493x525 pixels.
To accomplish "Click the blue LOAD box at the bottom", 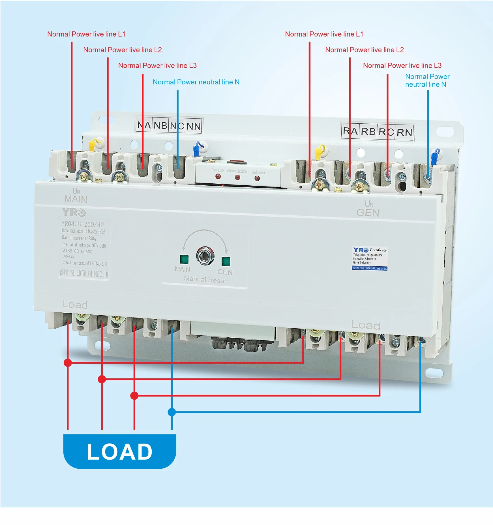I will tap(119, 451).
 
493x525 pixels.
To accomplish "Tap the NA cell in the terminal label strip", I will tap(144, 125).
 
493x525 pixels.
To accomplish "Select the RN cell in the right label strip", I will tap(404, 132).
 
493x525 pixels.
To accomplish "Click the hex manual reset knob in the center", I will tap(205, 256).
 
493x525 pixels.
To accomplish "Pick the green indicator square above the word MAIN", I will tap(184, 259).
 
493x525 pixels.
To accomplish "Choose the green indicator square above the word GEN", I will tap(226, 261).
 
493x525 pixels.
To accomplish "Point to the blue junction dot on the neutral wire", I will tap(172, 412).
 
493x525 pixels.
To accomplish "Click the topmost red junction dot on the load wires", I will tap(68, 363).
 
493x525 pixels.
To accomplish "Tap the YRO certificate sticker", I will tap(370, 258).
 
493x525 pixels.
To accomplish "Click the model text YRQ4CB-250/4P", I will tap(83, 224).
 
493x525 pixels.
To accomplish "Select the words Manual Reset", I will tap(205, 280).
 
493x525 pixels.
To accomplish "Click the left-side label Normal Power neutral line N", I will tap(196, 82).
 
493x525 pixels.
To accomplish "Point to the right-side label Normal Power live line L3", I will tap(402, 66).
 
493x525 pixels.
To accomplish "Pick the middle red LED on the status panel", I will tap(237, 177).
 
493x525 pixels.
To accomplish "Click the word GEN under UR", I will tap(368, 213).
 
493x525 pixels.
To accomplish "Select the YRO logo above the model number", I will tap(74, 212).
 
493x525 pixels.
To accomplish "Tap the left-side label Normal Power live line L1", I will tap(86, 34).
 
